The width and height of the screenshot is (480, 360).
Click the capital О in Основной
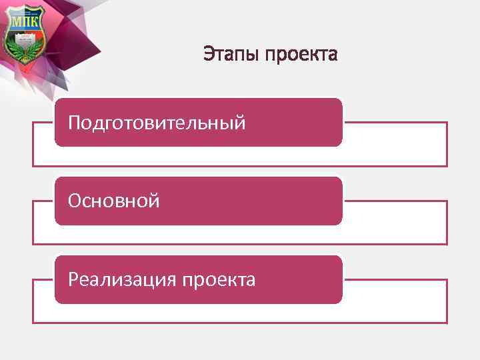(75, 201)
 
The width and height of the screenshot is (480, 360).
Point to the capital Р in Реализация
(73, 279)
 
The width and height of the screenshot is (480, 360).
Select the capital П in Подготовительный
(75, 122)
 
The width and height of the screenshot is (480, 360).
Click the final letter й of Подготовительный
(240, 122)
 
